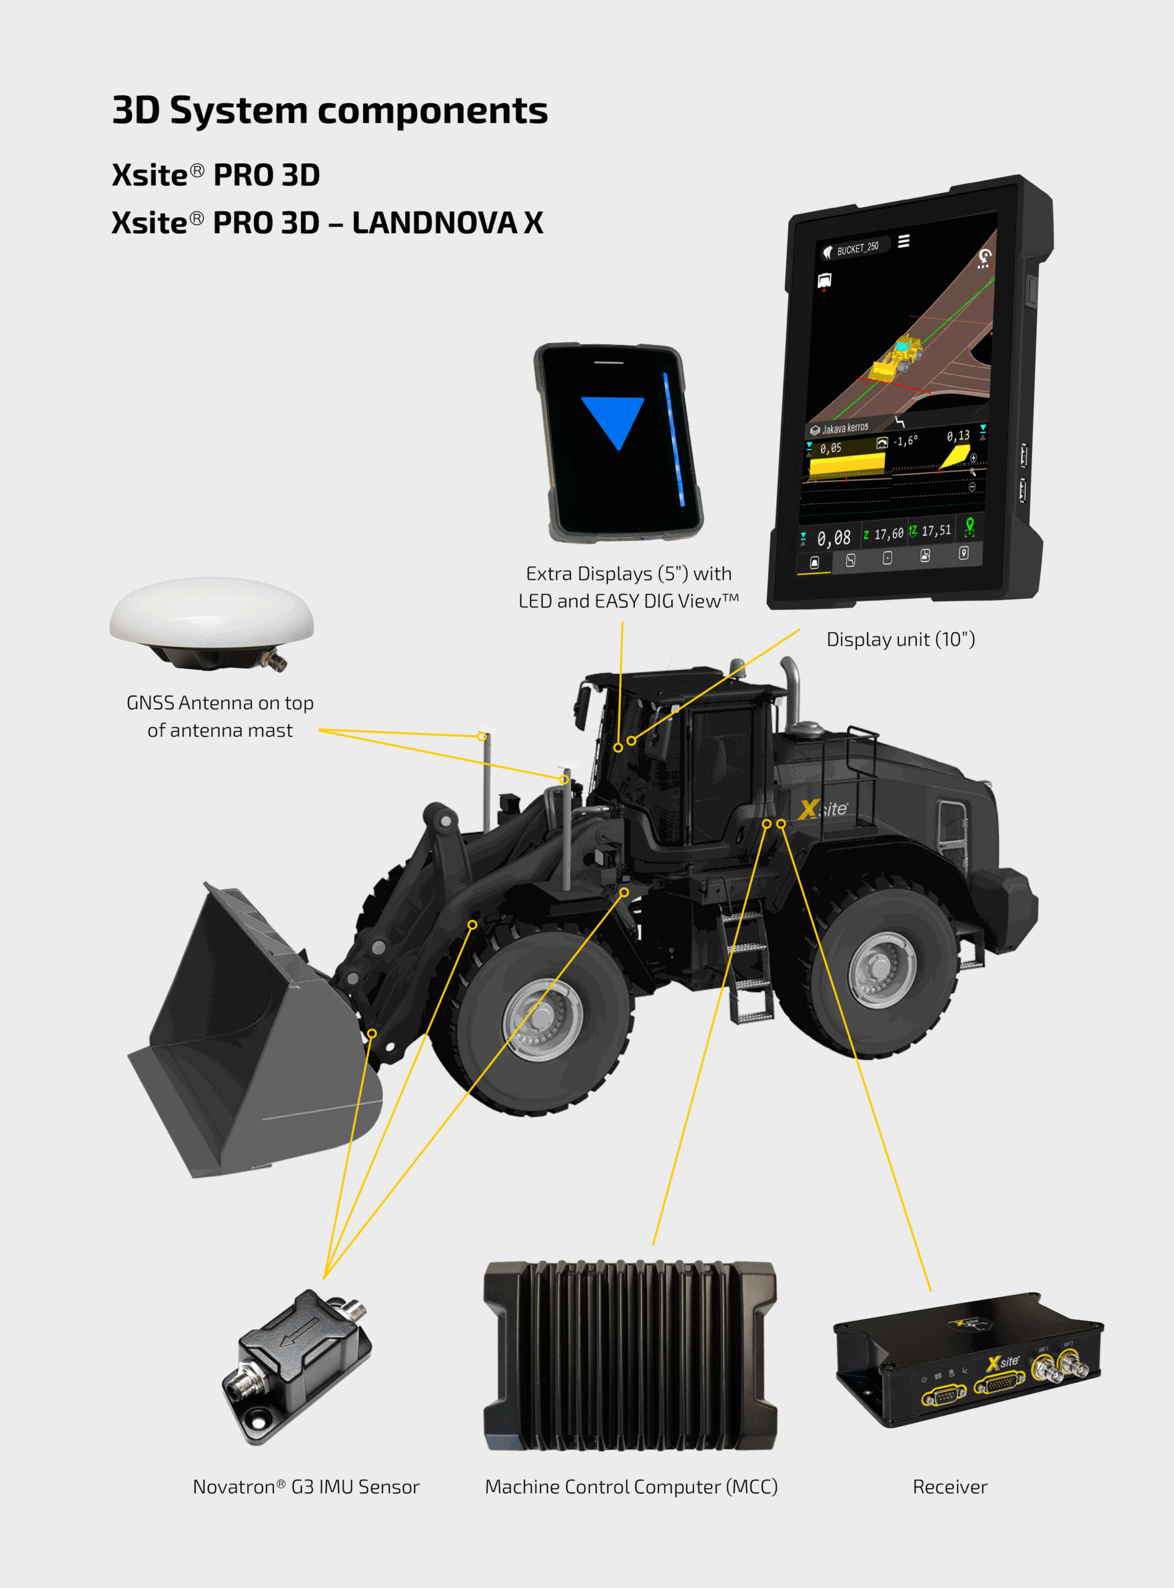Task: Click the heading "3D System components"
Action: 329,111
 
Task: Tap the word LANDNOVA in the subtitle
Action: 434,223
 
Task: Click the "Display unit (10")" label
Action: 900,640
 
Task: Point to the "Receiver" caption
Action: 949,1486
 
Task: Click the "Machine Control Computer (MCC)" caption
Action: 631,1486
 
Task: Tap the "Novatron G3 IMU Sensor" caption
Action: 307,1486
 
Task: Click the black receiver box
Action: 967,1360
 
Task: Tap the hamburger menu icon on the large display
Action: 903,241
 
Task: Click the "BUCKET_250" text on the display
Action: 858,248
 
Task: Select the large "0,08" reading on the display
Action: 833,538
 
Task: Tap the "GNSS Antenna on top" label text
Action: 220,703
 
